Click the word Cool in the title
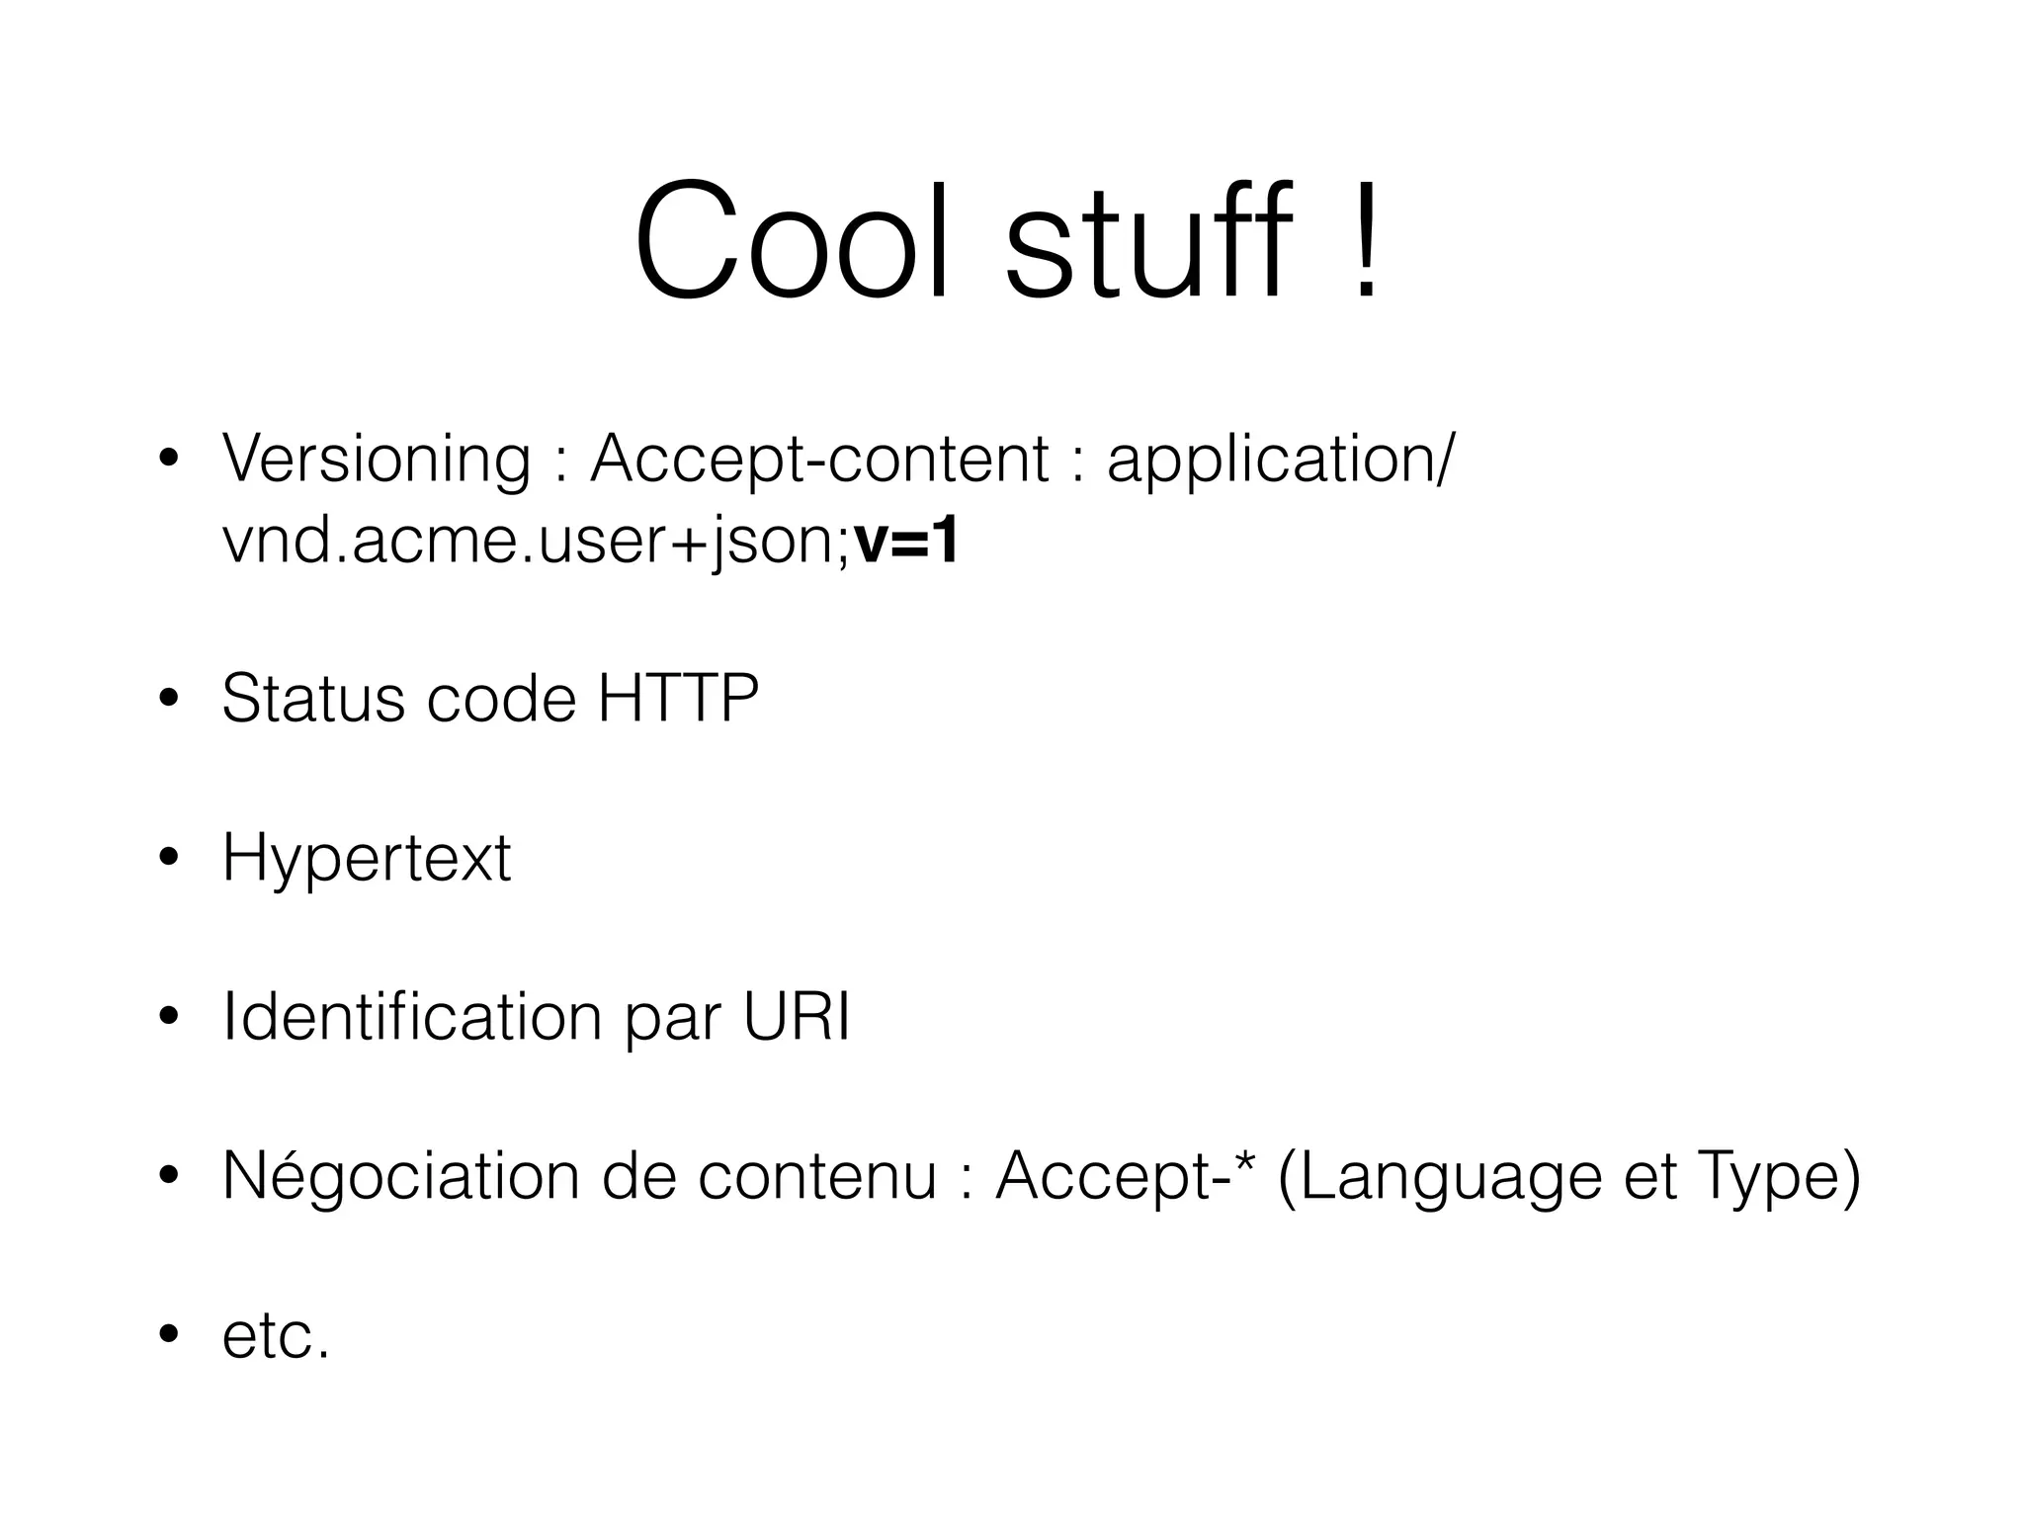coord(791,242)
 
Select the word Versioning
coord(377,462)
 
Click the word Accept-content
coord(819,462)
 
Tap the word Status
coord(312,699)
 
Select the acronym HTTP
coord(678,699)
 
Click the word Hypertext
coord(367,860)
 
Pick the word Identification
coord(412,1017)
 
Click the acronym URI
coord(797,1017)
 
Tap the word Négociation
coord(400,1176)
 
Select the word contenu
coord(816,1176)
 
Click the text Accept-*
coord(1125,1176)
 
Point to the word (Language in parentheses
coord(1438,1178)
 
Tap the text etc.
coord(276,1336)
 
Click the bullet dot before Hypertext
coord(169,859)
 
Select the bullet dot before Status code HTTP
coord(169,699)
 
